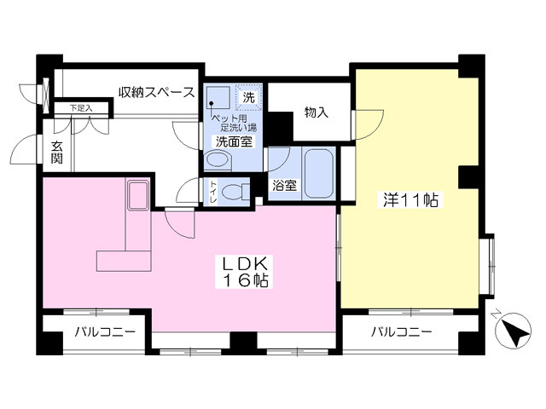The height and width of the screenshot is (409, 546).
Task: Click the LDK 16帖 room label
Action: pyautogui.click(x=244, y=272)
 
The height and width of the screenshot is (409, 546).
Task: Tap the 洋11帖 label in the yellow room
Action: pyautogui.click(x=410, y=200)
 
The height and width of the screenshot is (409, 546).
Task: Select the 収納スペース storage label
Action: pyautogui.click(x=156, y=93)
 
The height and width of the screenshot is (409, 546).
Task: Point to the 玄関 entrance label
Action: pyautogui.click(x=57, y=153)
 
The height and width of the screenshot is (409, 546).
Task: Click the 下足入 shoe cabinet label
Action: pyautogui.click(x=81, y=108)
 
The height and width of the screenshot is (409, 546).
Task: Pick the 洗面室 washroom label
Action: pyautogui.click(x=234, y=141)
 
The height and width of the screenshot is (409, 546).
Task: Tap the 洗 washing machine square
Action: pyautogui.click(x=248, y=97)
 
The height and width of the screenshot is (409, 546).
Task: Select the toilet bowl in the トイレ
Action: pyautogui.click(x=236, y=192)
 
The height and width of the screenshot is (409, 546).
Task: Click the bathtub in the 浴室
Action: pyautogui.click(x=318, y=174)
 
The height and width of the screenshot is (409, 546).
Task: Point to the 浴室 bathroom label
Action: pyautogui.click(x=284, y=186)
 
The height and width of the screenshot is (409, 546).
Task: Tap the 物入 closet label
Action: pyautogui.click(x=317, y=112)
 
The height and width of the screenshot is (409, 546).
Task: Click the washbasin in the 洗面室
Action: pyautogui.click(x=218, y=160)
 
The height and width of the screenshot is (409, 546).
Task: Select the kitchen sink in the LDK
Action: pyautogui.click(x=138, y=195)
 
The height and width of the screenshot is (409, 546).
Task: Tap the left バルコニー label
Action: pyautogui.click(x=105, y=332)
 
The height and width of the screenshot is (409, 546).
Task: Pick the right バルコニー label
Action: pyautogui.click(x=402, y=331)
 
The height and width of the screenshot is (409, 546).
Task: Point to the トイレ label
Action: pyautogui.click(x=212, y=192)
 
